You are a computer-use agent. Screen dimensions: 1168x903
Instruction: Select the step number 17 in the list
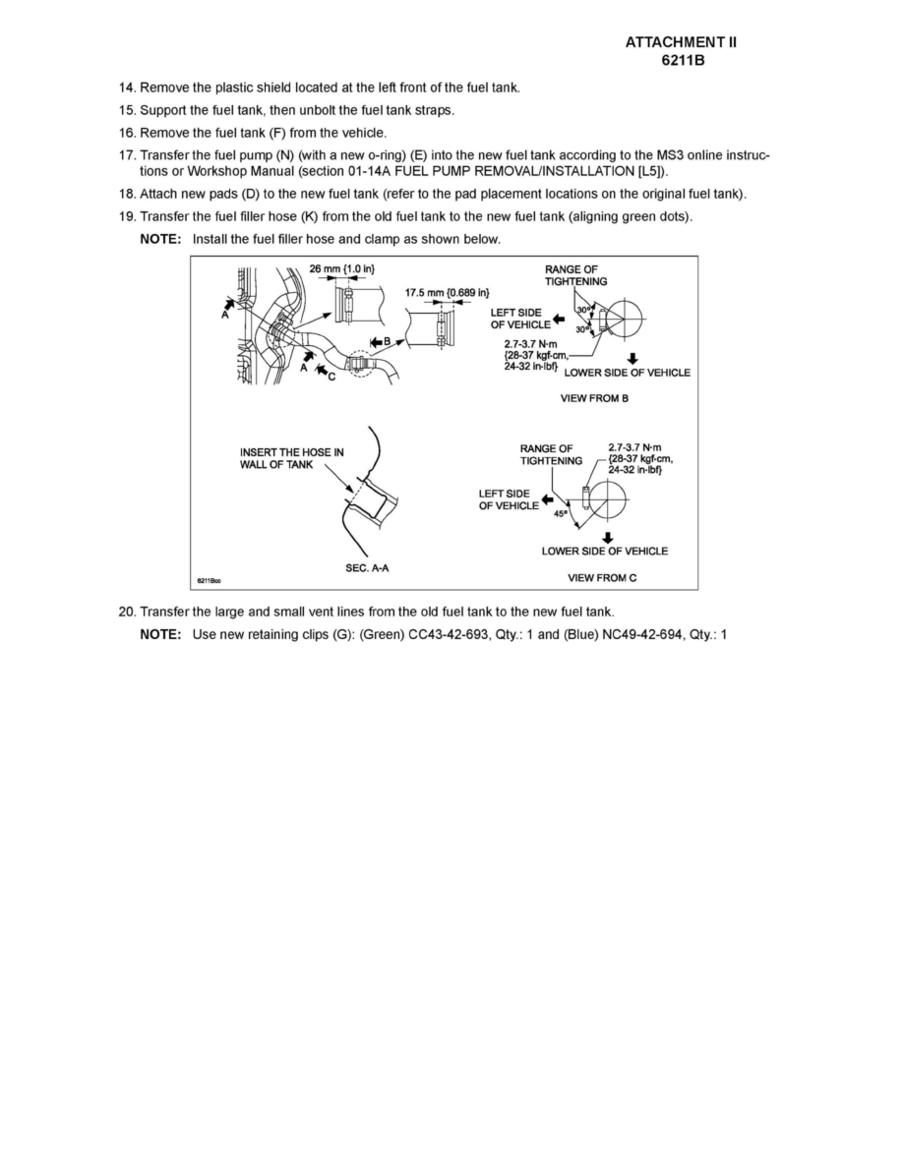coord(127,155)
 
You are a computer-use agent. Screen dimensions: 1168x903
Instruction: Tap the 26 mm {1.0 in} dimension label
coord(342,268)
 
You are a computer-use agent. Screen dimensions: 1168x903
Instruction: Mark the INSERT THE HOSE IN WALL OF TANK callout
coord(292,458)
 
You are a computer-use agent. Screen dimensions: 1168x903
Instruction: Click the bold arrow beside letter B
coord(375,341)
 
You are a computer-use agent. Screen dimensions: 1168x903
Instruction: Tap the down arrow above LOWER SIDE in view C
coord(609,537)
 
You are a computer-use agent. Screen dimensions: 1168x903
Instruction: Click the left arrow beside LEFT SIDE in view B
coord(558,319)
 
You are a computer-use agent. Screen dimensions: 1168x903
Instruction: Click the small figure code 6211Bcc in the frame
coord(208,581)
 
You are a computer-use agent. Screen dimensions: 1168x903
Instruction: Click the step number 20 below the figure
coord(127,612)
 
